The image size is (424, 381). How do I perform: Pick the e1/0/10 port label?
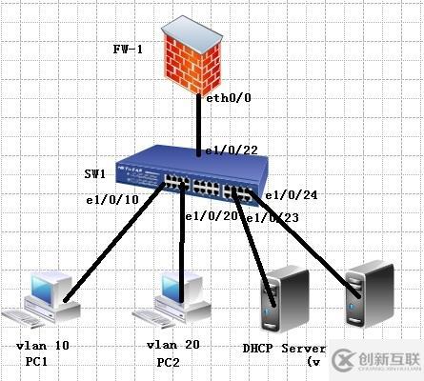coord(112,200)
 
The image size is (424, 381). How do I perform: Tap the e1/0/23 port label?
coord(271,219)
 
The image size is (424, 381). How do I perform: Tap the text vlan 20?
coord(172,345)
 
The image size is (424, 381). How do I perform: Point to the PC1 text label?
coord(38,362)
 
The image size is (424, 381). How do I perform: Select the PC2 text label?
coord(170,363)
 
